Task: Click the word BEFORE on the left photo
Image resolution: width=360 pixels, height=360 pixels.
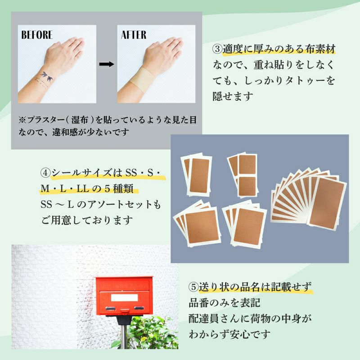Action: click(x=37, y=35)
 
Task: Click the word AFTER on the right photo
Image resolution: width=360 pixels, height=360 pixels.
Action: click(x=134, y=35)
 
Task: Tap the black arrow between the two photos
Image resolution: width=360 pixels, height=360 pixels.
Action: click(x=107, y=64)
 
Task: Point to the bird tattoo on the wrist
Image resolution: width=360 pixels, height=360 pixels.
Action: click(x=47, y=76)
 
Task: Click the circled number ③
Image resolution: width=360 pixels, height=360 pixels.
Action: click(x=217, y=49)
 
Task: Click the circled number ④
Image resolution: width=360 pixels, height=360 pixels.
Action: click(x=46, y=173)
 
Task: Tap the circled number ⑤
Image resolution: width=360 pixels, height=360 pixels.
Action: click(x=193, y=287)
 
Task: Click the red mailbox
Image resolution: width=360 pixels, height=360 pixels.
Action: click(x=124, y=296)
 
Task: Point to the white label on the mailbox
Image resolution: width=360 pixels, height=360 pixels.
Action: click(x=124, y=298)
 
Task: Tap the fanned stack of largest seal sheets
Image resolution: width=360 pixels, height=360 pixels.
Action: click(x=309, y=199)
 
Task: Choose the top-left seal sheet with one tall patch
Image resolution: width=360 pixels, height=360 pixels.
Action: click(x=197, y=175)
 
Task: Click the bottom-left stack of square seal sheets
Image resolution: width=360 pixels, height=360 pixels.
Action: click(x=198, y=224)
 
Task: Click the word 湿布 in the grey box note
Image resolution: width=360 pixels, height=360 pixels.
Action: click(x=80, y=120)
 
